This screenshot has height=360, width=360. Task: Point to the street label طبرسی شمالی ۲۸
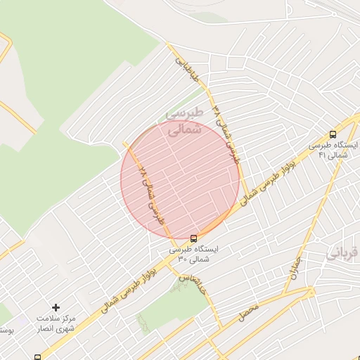(x=152, y=194)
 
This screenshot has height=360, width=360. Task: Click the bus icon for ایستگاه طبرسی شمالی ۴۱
(x=333, y=134)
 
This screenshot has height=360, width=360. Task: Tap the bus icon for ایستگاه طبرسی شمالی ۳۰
(x=194, y=237)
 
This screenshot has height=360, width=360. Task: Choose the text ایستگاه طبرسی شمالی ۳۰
(x=193, y=254)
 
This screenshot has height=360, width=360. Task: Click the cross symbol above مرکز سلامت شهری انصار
(x=56, y=307)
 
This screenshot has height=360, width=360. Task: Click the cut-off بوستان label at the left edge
(x=6, y=330)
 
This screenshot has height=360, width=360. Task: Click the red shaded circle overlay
(x=181, y=179)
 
